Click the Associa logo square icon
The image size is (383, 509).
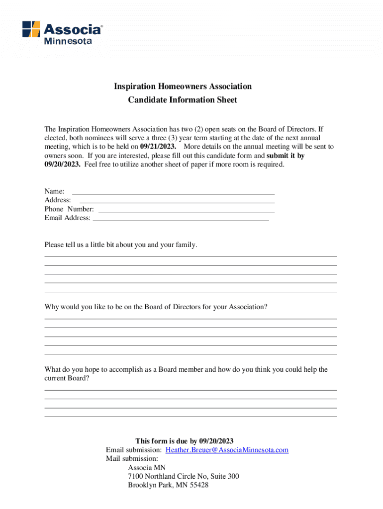coord(31,29)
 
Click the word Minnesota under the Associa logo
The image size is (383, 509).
coord(68,41)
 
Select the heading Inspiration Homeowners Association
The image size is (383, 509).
coord(183,86)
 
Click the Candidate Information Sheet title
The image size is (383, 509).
coord(183,100)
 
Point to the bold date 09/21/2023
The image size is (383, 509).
coord(158,147)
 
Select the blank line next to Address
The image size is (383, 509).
coord(177,201)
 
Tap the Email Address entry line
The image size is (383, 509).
coord(181,219)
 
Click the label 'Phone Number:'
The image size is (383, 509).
coord(69,209)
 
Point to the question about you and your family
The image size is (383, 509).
coord(121,245)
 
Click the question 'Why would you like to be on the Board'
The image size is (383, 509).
coord(156,307)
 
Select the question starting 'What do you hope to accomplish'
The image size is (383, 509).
coord(186,370)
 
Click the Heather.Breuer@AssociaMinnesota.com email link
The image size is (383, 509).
coord(227,450)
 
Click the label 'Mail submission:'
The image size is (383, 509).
coord(132,459)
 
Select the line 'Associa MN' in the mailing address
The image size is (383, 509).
coord(147,468)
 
